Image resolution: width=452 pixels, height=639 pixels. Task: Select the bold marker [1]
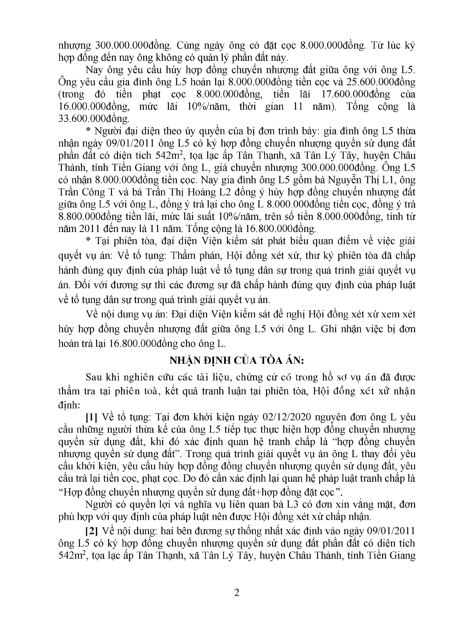pos(91,417)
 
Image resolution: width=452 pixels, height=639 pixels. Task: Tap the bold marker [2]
pos(91,530)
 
